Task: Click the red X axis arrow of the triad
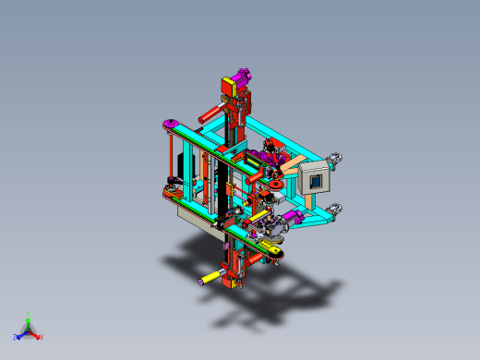(38, 336)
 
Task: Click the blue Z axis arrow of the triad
(18, 336)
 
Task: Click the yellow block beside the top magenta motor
(228, 87)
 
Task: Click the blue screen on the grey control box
(318, 181)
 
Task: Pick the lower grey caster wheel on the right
(339, 209)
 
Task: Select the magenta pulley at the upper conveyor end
(170, 125)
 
